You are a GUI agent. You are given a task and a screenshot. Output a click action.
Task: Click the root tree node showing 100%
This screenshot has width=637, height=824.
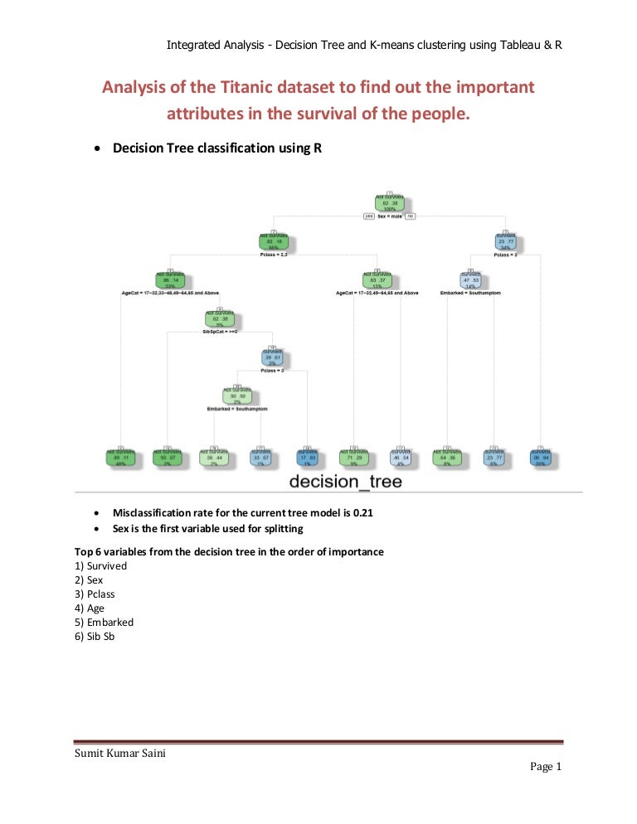tap(389, 202)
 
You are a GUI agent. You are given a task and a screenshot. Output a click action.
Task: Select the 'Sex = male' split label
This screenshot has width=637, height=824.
tap(390, 216)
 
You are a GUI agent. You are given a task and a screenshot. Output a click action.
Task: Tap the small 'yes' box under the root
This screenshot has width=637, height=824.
tap(370, 216)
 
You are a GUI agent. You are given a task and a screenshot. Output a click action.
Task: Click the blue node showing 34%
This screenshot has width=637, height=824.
tap(504, 242)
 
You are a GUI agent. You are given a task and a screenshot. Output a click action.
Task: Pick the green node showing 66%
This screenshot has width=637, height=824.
tap(275, 242)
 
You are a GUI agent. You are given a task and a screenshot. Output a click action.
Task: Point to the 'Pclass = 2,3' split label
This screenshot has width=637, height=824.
tap(275, 255)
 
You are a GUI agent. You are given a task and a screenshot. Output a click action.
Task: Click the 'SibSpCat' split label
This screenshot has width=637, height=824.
tap(220, 332)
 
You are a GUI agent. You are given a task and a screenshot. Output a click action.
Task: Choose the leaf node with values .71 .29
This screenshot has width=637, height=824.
tap(353, 458)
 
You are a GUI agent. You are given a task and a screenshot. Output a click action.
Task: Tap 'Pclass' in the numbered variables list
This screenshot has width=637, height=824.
tap(102, 594)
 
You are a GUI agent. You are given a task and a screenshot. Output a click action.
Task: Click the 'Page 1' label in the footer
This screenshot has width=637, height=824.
tap(546, 767)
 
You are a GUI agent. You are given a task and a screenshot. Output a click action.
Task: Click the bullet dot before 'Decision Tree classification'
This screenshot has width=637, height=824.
tap(100, 149)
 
